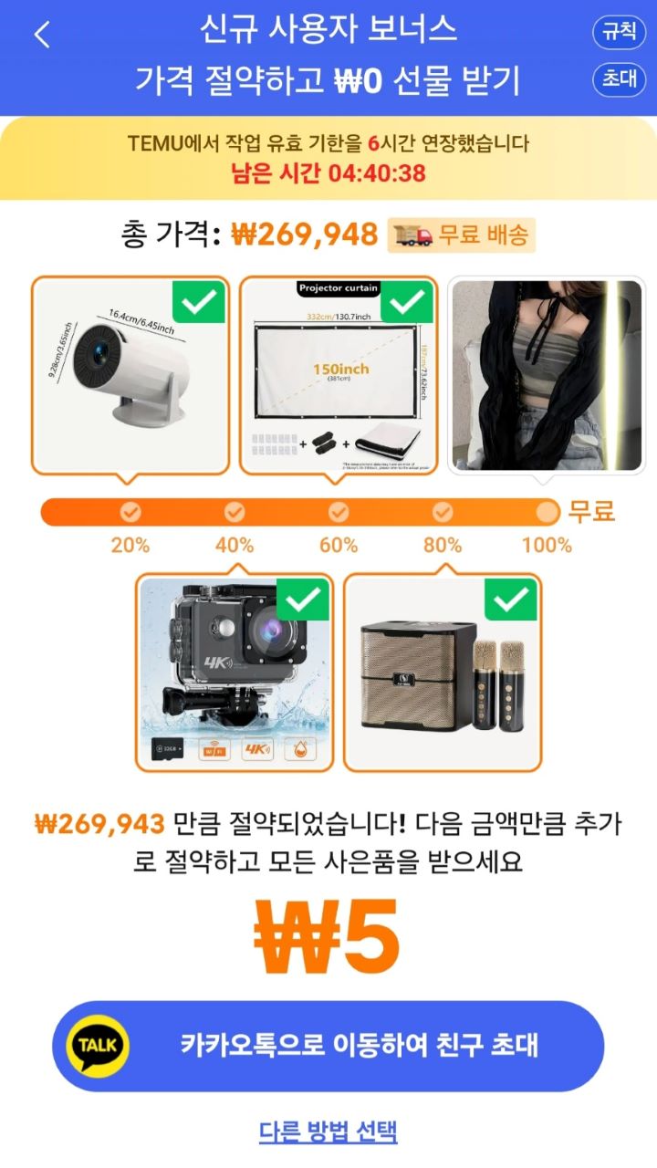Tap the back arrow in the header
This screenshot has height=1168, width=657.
click(x=42, y=35)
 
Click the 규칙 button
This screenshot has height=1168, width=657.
click(x=619, y=32)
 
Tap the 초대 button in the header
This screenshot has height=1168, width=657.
click(x=619, y=79)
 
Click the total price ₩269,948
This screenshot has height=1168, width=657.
click(x=304, y=235)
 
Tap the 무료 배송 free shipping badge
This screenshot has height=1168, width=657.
click(x=462, y=235)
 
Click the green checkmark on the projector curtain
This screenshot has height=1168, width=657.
click(x=406, y=302)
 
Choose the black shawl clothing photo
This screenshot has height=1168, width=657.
click(x=547, y=375)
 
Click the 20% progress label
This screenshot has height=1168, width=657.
click(x=130, y=546)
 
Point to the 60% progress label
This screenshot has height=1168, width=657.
click(x=339, y=546)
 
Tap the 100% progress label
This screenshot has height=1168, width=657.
click(x=547, y=546)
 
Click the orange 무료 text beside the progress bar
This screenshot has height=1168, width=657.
click(x=591, y=511)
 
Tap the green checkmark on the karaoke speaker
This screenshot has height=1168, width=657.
click(x=511, y=600)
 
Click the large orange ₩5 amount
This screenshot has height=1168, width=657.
click(x=328, y=937)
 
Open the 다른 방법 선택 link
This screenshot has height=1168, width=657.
click(x=328, y=1132)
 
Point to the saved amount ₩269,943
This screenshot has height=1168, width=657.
click(x=99, y=825)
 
